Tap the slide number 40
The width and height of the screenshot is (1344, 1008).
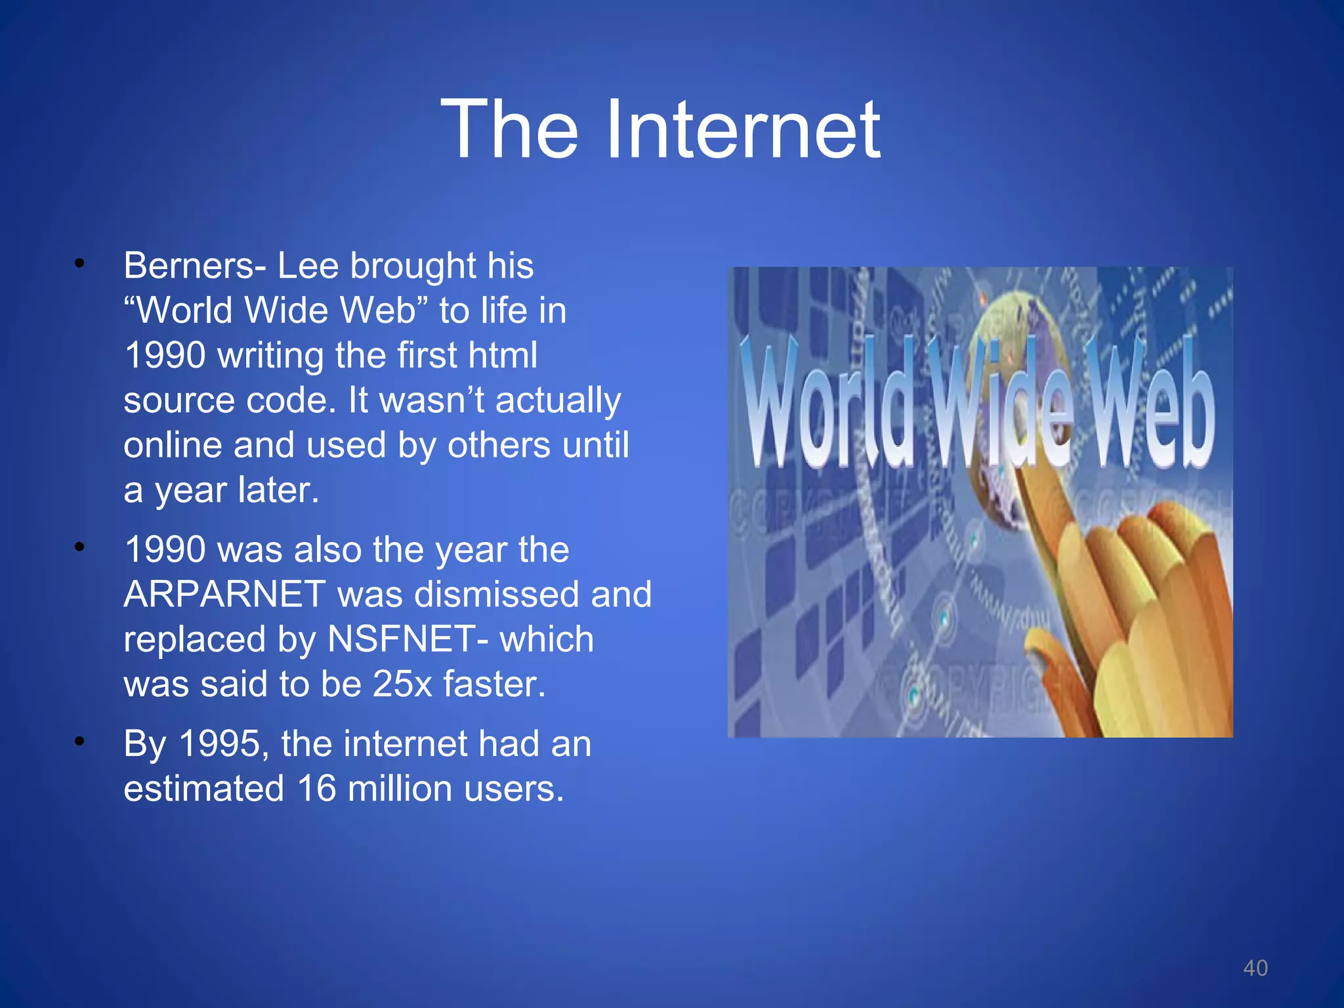[x=1255, y=968]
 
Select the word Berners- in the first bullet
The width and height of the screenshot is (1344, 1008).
[x=194, y=266]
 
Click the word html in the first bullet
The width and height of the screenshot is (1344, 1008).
[x=503, y=355]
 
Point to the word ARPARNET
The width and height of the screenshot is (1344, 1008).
[x=224, y=594]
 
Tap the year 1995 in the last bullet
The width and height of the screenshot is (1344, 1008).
[x=219, y=744]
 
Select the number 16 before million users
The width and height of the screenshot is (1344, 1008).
[x=316, y=788]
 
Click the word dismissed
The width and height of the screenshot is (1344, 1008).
[x=497, y=594]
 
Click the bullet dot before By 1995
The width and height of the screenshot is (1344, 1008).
[x=79, y=742]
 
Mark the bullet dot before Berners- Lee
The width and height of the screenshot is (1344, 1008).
[x=79, y=264]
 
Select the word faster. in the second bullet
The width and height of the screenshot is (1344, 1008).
[x=494, y=683]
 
